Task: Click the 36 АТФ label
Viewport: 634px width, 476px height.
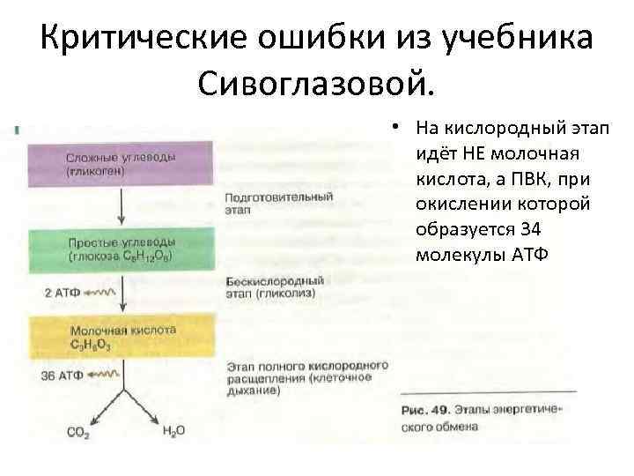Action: [x=62, y=376]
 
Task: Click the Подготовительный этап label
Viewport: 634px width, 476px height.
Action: [x=268, y=204]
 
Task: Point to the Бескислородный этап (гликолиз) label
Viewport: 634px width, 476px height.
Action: [x=274, y=287]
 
